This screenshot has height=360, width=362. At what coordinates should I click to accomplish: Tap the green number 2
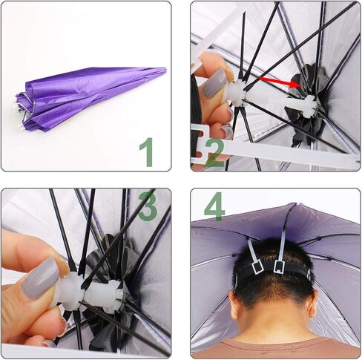pos(214,152)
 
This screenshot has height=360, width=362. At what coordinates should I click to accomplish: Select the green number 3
pos(148,206)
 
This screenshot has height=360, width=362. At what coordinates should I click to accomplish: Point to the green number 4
pos(214,206)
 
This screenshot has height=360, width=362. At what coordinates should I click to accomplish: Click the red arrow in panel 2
pos(280,82)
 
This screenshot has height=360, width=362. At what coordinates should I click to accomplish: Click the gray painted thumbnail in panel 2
pos(214,83)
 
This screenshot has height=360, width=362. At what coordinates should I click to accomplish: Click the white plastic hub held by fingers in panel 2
pos(238,93)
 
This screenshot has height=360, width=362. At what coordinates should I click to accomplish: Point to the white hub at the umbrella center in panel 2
pos(303,106)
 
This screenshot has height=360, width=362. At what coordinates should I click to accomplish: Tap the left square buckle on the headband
pos(257,267)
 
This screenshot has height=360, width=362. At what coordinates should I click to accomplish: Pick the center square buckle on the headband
pos(279,266)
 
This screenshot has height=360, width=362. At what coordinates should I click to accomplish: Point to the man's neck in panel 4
pos(273,321)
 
